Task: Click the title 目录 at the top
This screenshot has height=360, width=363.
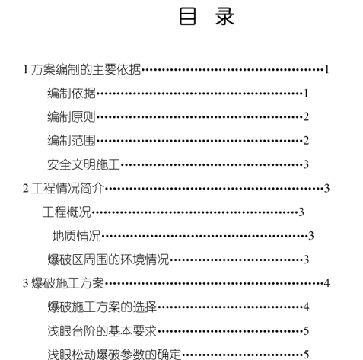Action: point(207,17)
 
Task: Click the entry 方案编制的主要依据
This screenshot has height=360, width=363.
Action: point(86,69)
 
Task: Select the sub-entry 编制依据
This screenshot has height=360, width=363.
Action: point(72,94)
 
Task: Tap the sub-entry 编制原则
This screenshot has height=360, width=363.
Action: point(72,117)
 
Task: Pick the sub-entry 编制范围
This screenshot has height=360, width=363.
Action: point(72,141)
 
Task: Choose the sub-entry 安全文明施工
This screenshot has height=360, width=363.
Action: point(84,164)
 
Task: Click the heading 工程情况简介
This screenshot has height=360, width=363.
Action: point(68,189)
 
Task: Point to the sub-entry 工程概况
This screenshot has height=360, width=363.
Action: point(67,212)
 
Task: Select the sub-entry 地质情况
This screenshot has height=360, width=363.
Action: point(77,236)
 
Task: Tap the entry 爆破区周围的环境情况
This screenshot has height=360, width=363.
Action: point(108,260)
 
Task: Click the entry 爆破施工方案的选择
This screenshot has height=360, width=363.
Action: point(102,307)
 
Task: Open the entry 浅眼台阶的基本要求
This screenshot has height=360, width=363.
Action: point(102,331)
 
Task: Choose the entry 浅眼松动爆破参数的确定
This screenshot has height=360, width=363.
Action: point(114,355)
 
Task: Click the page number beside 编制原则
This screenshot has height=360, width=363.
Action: point(306,117)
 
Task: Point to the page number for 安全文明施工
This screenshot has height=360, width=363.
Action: point(306,165)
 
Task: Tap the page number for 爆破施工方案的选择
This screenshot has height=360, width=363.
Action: point(306,307)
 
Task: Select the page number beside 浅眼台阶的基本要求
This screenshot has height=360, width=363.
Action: point(306,331)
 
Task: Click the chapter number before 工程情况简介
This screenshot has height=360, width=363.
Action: point(26,189)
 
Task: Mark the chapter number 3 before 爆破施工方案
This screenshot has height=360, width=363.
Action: point(26,283)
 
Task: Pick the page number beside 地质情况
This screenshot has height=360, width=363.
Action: point(311,236)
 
